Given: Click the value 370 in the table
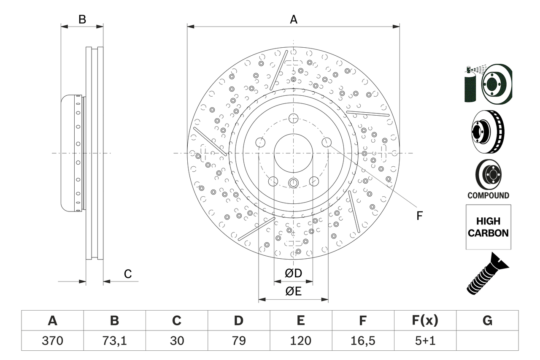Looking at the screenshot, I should [52, 341].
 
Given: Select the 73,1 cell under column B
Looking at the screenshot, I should [114, 341].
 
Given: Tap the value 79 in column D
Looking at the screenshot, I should [238, 341].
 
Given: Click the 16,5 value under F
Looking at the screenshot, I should [362, 341].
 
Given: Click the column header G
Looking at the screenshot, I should [487, 321].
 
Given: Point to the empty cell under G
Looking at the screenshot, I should [487, 341].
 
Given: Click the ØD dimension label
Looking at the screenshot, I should [293, 273].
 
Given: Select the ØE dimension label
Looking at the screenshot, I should [293, 292].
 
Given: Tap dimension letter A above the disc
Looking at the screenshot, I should [293, 19].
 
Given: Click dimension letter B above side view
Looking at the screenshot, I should [82, 19].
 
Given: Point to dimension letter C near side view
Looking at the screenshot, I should [128, 274].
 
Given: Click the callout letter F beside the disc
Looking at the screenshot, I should [419, 216].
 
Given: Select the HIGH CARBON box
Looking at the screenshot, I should [488, 227].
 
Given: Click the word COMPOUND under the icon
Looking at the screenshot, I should [488, 195].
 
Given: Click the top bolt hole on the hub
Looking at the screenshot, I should [293, 119].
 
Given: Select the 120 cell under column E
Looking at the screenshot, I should [300, 341].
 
